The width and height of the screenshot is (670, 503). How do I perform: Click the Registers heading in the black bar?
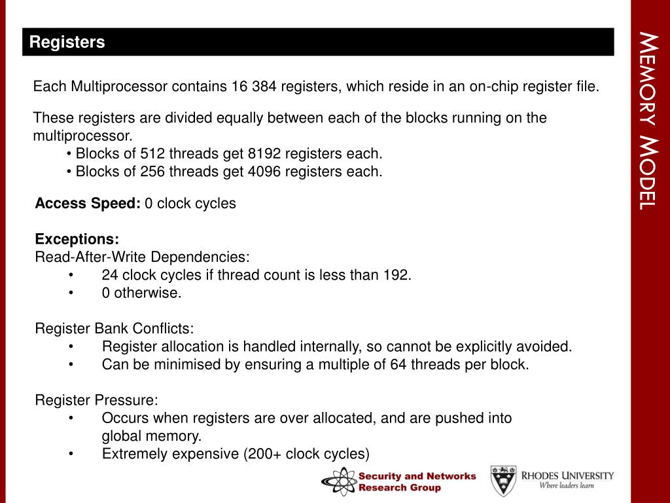[x=67, y=43]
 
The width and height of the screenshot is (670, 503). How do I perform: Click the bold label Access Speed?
[x=88, y=203]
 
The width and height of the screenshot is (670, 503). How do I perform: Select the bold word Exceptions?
[x=77, y=239]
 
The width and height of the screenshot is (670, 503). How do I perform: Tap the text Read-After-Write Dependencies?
[x=142, y=257]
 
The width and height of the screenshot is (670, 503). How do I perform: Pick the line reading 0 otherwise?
[x=141, y=293]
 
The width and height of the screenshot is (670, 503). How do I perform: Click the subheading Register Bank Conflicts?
[x=115, y=328]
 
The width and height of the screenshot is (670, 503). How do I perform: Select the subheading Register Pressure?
[x=96, y=400]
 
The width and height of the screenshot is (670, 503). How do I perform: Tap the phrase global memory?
[x=152, y=436]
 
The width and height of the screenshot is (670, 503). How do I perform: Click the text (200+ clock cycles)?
[x=306, y=453]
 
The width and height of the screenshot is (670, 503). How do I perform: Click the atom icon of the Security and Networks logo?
[x=338, y=481]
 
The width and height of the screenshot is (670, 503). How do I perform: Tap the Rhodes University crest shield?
[x=503, y=480]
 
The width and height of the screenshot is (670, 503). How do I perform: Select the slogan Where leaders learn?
[x=566, y=485]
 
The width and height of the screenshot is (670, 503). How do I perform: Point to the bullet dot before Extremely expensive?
[x=71, y=453]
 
